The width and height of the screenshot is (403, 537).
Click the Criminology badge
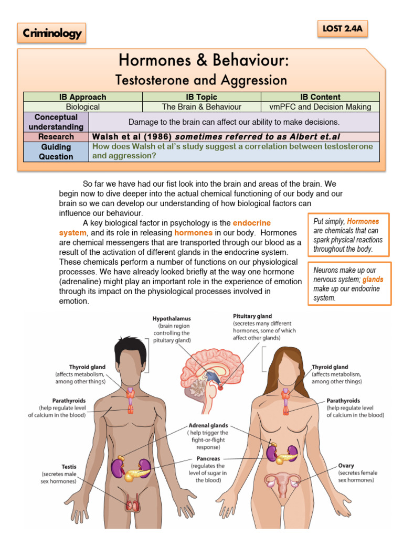pyautogui.click(x=51, y=34)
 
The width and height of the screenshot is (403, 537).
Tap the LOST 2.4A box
pyautogui.click(x=342, y=29)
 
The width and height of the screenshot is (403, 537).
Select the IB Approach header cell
pyautogui.click(x=82, y=97)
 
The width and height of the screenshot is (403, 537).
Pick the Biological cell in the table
pyautogui.click(x=82, y=106)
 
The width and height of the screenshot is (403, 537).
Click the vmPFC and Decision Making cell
pyautogui.click(x=320, y=106)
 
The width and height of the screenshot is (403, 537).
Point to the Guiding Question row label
pyautogui.click(x=56, y=152)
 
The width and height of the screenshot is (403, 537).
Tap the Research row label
pyautogui.click(x=56, y=136)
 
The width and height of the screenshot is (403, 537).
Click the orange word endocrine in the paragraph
pyautogui.click(x=251, y=223)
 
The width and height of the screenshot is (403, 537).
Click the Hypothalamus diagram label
pyautogui.click(x=172, y=318)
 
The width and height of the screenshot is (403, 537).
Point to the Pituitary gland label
pyautogui.click(x=252, y=316)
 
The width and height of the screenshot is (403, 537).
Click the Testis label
pyautogui.click(x=69, y=465)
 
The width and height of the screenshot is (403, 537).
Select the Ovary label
pyautogui.click(x=347, y=465)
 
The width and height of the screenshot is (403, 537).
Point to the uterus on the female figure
pyautogui.click(x=283, y=482)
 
